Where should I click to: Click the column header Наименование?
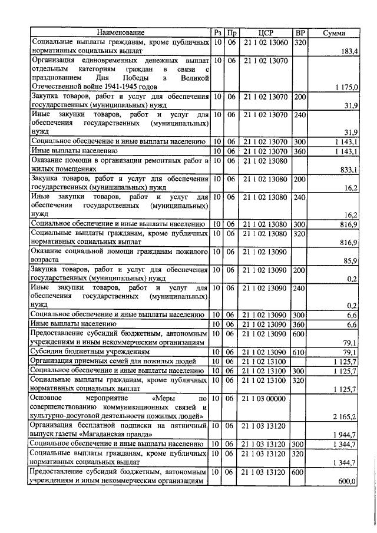pos(121,33)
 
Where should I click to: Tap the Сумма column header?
pos(335,33)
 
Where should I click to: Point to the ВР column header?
pos(300,33)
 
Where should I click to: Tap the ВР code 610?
pos(300,352)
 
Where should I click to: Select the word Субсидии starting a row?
pos(48,352)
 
